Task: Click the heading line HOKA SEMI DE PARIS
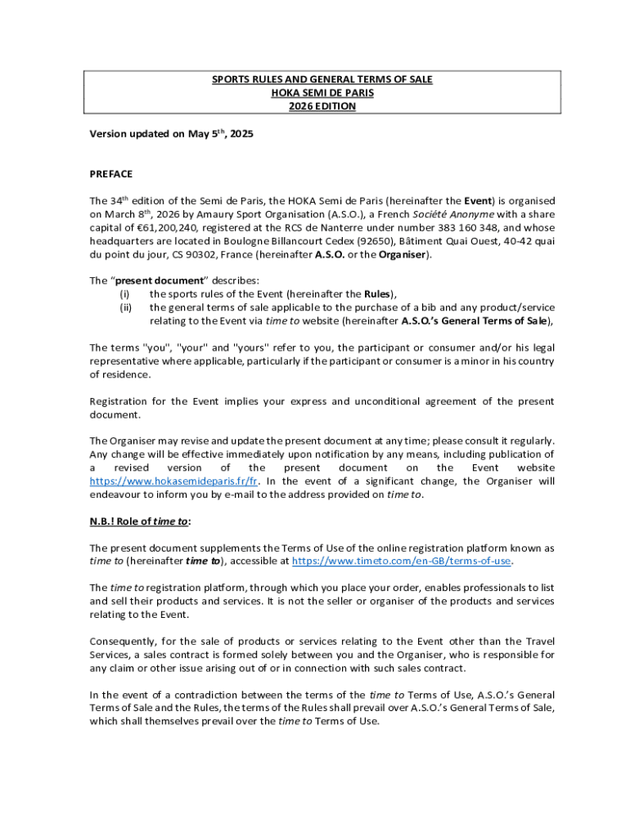pyautogui.click(x=322, y=93)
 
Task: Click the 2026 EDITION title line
pyautogui.click(x=322, y=107)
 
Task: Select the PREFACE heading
pyautogui.click(x=110, y=174)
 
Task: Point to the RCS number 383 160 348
pyautogui.click(x=442, y=228)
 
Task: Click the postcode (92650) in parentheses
pyautogui.click(x=338, y=241)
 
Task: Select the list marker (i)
pyautogui.click(x=124, y=294)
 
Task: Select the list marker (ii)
pyautogui.click(x=125, y=307)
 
